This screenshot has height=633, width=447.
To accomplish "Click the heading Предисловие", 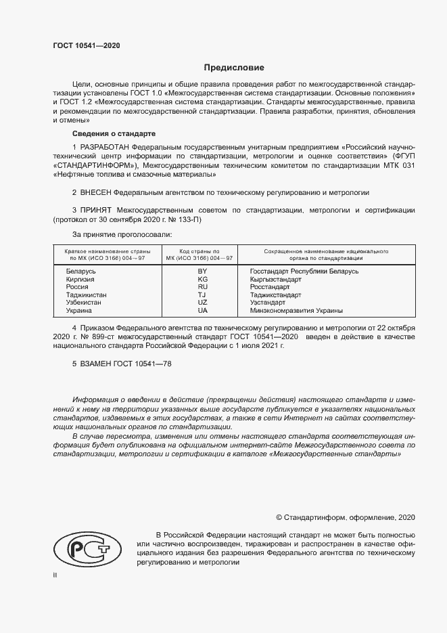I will coord(234,68).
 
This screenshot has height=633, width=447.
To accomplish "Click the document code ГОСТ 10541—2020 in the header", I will coord(87,45).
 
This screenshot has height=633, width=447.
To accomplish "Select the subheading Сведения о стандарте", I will coord(114,133).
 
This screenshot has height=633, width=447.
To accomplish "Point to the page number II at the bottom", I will coord(55,575).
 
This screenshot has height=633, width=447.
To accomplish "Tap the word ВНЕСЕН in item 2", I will coord(97,193).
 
